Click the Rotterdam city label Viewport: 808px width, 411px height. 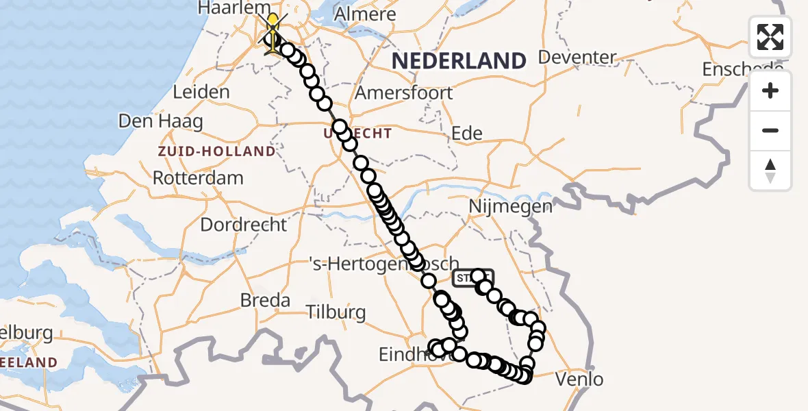click(x=198, y=178)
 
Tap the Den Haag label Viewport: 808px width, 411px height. click(x=161, y=122)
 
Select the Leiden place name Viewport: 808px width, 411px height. click(x=201, y=92)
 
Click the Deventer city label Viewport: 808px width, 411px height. click(x=578, y=57)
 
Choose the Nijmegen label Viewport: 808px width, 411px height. click(x=511, y=206)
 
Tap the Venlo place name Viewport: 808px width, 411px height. click(x=579, y=379)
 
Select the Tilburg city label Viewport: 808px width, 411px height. click(x=336, y=312)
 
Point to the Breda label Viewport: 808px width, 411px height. click(x=265, y=300)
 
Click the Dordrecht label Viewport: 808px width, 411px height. click(x=244, y=225)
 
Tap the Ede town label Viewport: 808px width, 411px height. click(x=467, y=134)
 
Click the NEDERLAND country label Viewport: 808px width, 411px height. click(x=458, y=61)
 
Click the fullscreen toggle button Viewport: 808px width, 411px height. click(x=770, y=37)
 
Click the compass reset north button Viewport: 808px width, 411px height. click(x=770, y=171)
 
